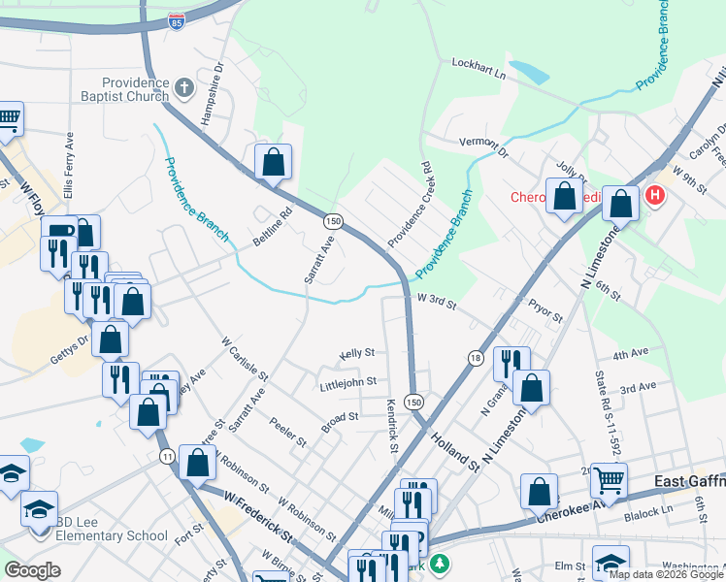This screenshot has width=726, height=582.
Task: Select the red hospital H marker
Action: click(655, 196)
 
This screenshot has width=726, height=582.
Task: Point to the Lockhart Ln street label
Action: click(479, 68)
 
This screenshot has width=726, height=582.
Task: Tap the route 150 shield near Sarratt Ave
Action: click(333, 221)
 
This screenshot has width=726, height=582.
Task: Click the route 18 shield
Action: click(476, 358)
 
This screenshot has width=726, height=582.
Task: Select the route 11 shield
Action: click(168, 456)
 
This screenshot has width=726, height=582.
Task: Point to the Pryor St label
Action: click(545, 314)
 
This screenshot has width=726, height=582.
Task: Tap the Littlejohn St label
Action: click(347, 385)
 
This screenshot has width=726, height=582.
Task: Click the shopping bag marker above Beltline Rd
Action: click(274, 161)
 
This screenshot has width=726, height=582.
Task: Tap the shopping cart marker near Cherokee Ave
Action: click(609, 478)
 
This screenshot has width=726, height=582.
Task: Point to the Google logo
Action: click(32, 570)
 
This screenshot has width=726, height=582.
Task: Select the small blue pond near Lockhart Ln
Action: click(528, 71)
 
